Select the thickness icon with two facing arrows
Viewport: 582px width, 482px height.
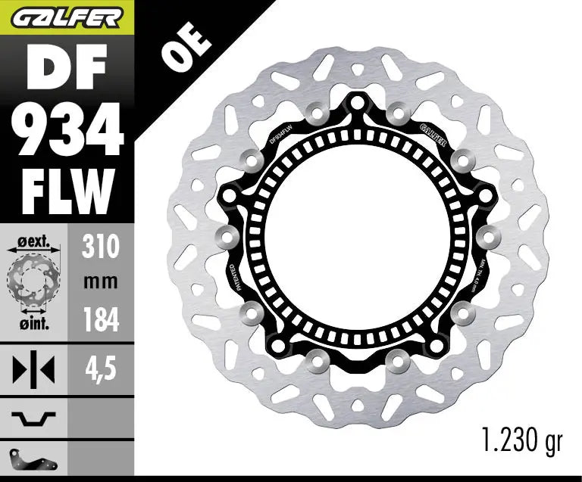pos(33,371)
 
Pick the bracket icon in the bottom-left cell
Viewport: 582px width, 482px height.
pos(33,458)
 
